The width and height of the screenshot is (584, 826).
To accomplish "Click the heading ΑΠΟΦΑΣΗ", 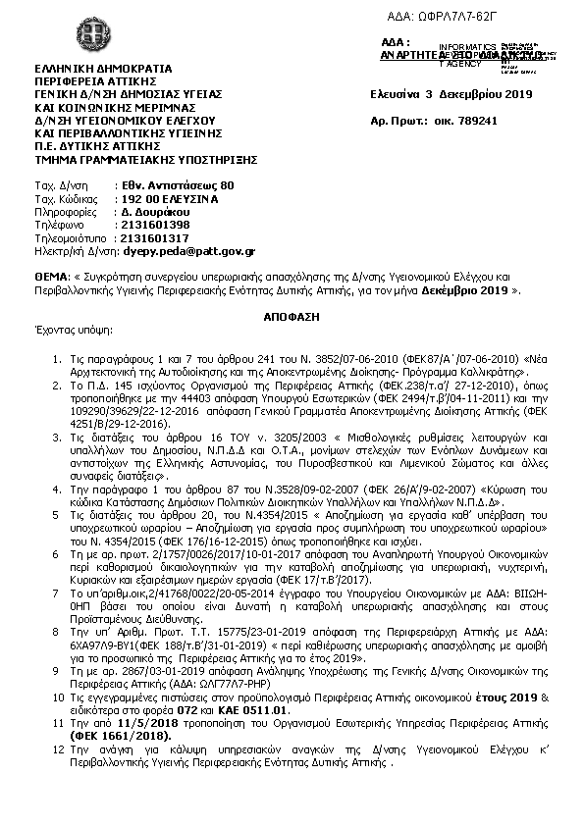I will [x=292, y=320].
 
